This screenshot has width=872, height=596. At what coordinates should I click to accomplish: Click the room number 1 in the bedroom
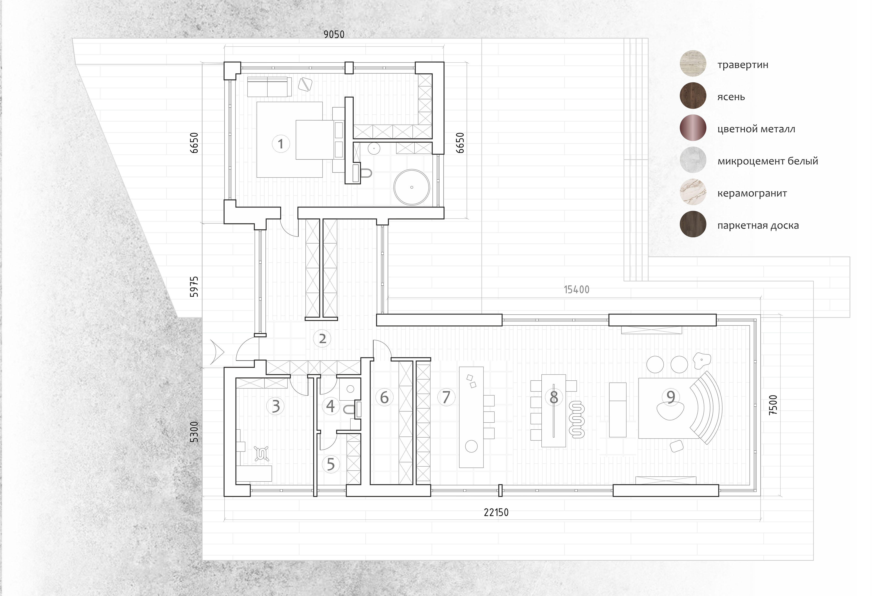coord(281,144)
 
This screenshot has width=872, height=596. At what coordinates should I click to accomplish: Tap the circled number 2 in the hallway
coord(322,339)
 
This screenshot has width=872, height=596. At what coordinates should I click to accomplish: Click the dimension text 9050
coord(334,34)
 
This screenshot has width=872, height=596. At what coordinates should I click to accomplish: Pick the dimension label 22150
coord(496,512)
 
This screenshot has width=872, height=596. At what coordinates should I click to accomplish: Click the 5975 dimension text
coord(194,287)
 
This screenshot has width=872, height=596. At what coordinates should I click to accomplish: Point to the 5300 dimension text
coord(194,432)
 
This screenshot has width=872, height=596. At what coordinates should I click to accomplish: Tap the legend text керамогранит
coord(752,194)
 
